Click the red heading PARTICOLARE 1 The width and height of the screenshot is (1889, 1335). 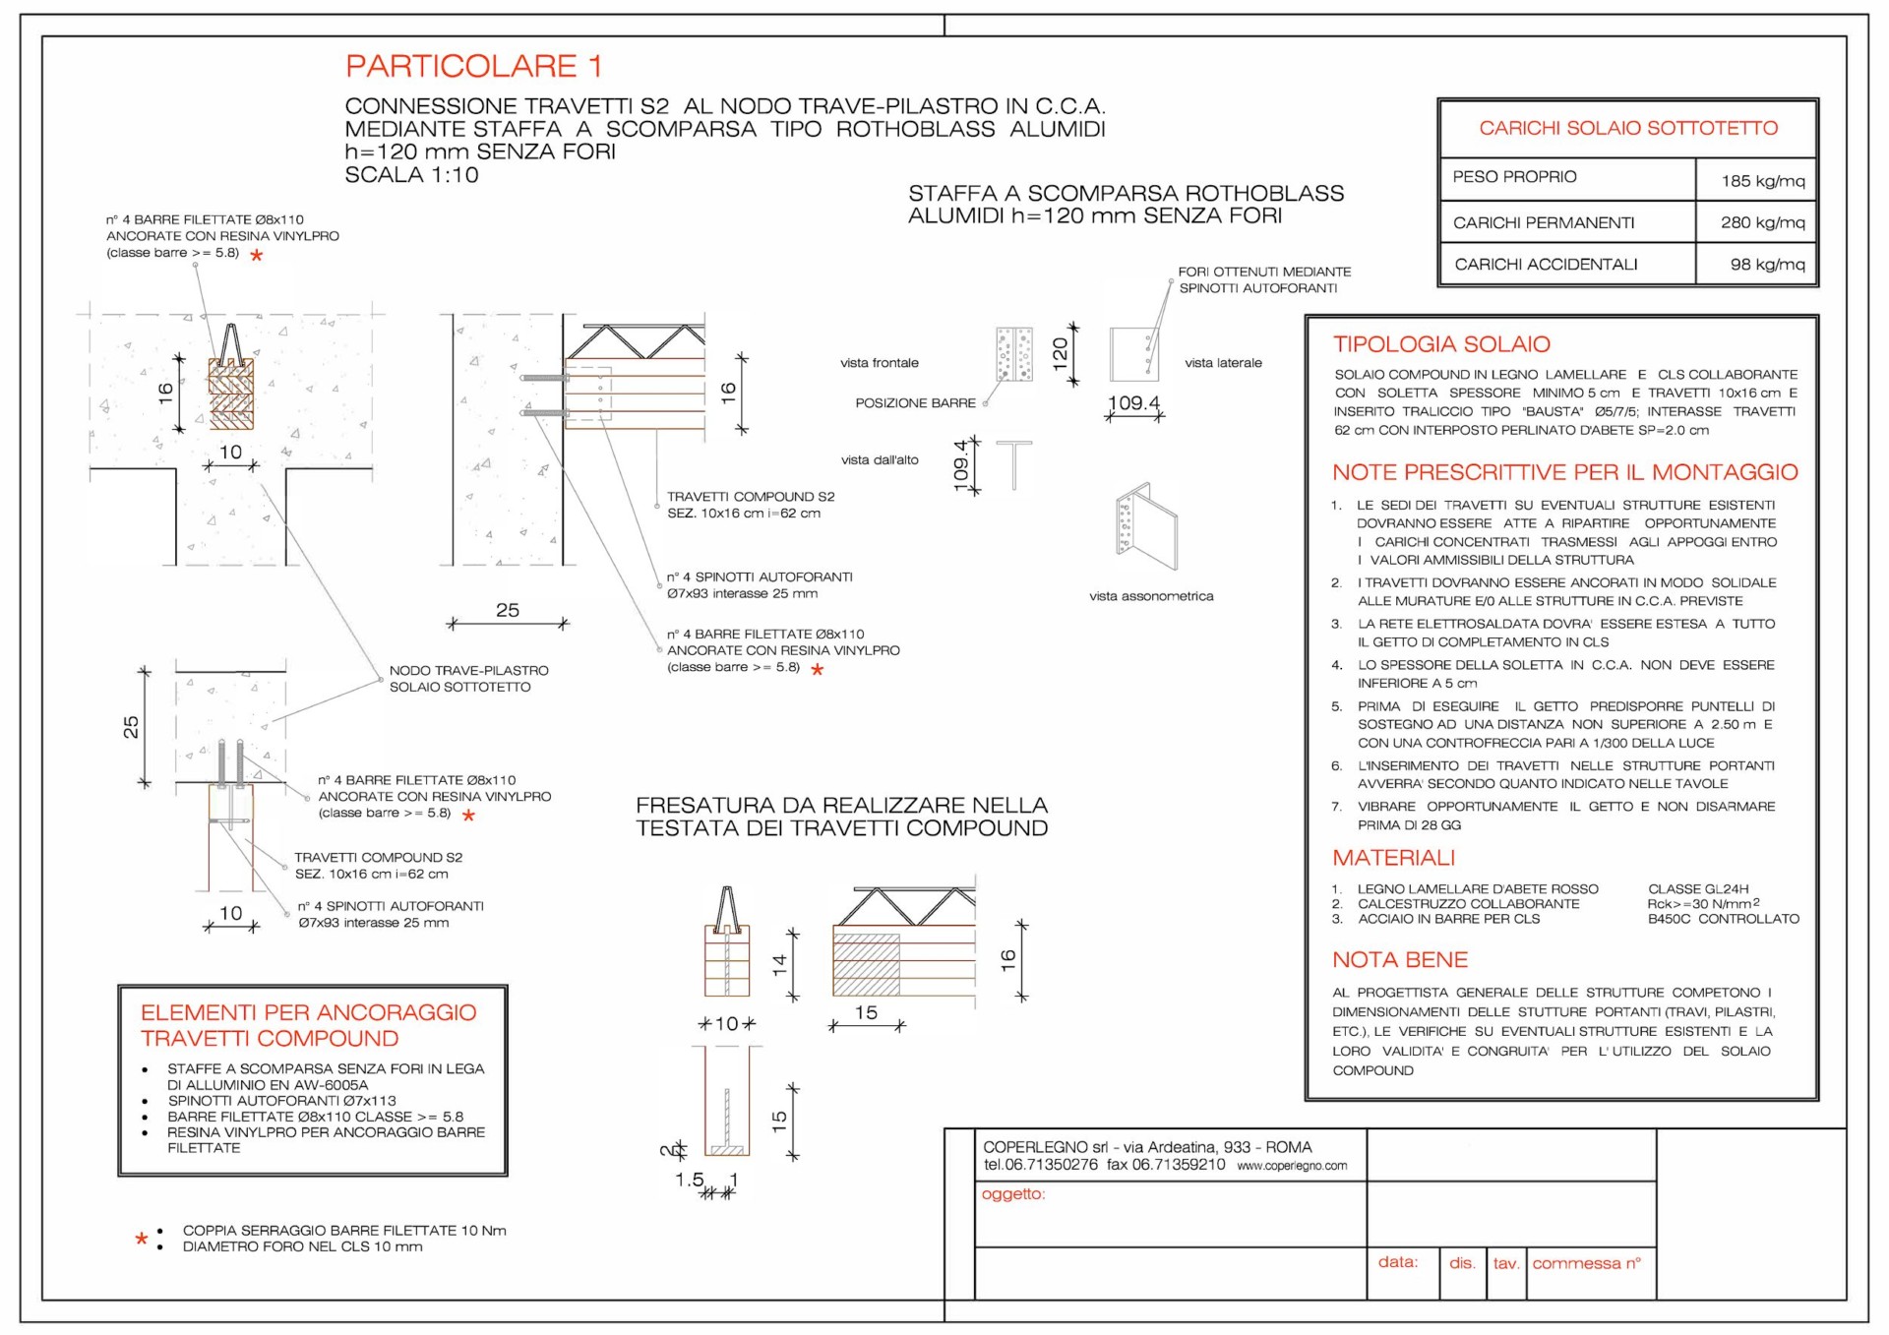click(473, 66)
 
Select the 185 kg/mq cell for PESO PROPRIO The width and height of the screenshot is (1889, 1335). click(1762, 181)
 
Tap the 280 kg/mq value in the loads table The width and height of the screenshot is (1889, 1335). click(1762, 222)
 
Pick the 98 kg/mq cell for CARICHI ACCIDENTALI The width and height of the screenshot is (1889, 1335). click(1767, 265)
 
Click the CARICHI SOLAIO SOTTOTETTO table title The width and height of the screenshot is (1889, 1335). click(1628, 128)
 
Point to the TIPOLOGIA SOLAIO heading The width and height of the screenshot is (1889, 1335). click(1441, 344)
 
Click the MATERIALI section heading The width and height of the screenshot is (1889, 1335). click(1393, 858)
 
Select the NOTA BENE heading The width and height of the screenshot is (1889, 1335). click(1400, 960)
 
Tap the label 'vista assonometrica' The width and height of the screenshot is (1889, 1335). click(1151, 596)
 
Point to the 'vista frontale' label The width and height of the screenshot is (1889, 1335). click(880, 363)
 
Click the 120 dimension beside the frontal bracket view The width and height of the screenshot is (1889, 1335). click(1060, 352)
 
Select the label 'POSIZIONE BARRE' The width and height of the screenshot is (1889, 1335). click(915, 403)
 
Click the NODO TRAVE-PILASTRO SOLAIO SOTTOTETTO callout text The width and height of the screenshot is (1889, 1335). click(468, 679)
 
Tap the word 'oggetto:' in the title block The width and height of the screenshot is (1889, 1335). click(1013, 1194)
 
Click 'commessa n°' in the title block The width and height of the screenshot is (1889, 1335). click(1586, 1263)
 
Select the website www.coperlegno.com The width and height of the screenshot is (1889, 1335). click(1292, 1166)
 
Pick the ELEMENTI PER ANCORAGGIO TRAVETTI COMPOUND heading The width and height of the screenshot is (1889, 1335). click(308, 1025)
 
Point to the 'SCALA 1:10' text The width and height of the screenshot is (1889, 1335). click(411, 175)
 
